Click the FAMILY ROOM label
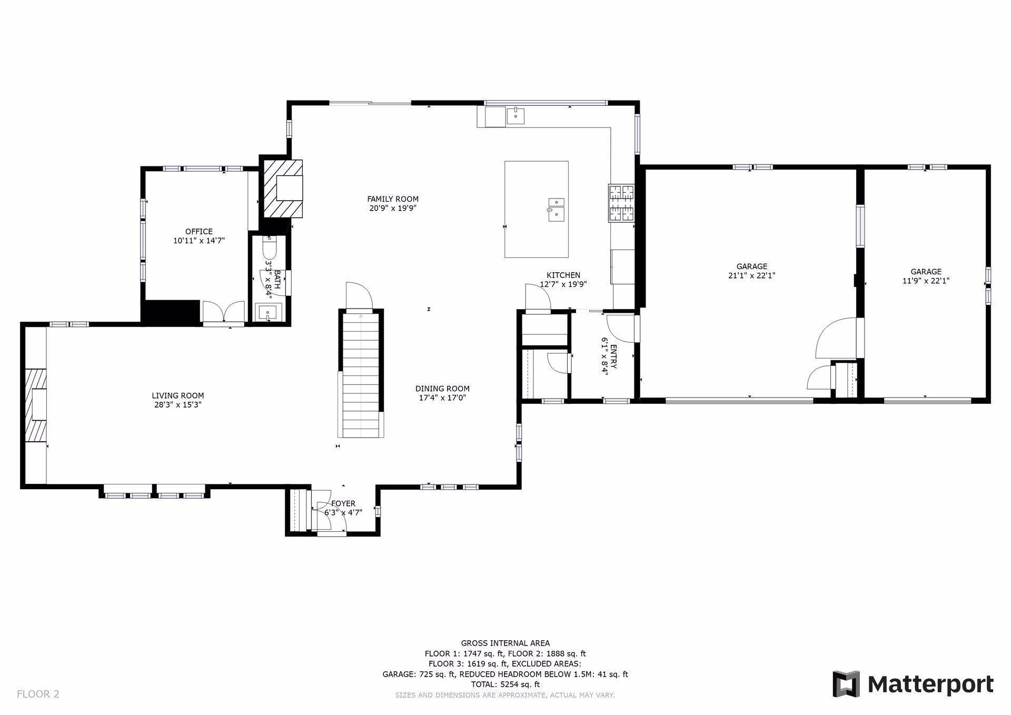tap(393, 199)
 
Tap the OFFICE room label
tap(199, 232)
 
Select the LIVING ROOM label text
tap(178, 396)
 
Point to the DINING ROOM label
tap(442, 389)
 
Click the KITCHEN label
tap(563, 275)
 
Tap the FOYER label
tap(343, 504)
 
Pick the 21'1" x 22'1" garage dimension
tap(752, 275)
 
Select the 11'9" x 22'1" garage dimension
tap(926, 281)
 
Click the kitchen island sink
tap(556, 210)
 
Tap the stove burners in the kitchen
tap(622, 203)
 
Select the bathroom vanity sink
tap(269, 312)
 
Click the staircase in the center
tap(361, 374)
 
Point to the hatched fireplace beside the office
tap(283, 188)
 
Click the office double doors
tap(224, 312)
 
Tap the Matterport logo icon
tap(846, 684)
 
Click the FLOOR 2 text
tap(38, 694)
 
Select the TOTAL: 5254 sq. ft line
tap(505, 684)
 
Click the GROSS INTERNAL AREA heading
tap(505, 643)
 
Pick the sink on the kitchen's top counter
tap(516, 115)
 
